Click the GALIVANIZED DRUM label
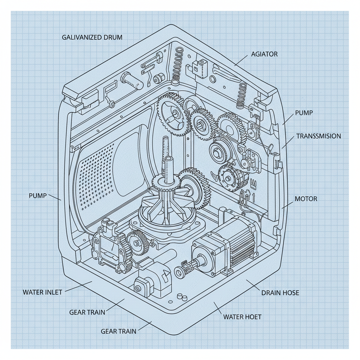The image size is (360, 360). pyautogui.click(x=92, y=37)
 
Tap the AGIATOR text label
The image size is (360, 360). pyautogui.click(x=264, y=54)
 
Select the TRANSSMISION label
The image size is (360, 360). pyautogui.click(x=319, y=136)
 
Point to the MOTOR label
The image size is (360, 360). pyautogui.click(x=306, y=199)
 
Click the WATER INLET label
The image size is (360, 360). pyautogui.click(x=42, y=292)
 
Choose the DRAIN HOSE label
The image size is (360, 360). pyautogui.click(x=280, y=292)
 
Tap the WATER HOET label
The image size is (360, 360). pyautogui.click(x=242, y=317)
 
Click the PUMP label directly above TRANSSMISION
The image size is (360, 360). pyautogui.click(x=303, y=113)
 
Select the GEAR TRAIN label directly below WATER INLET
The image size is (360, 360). pyautogui.click(x=87, y=312)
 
